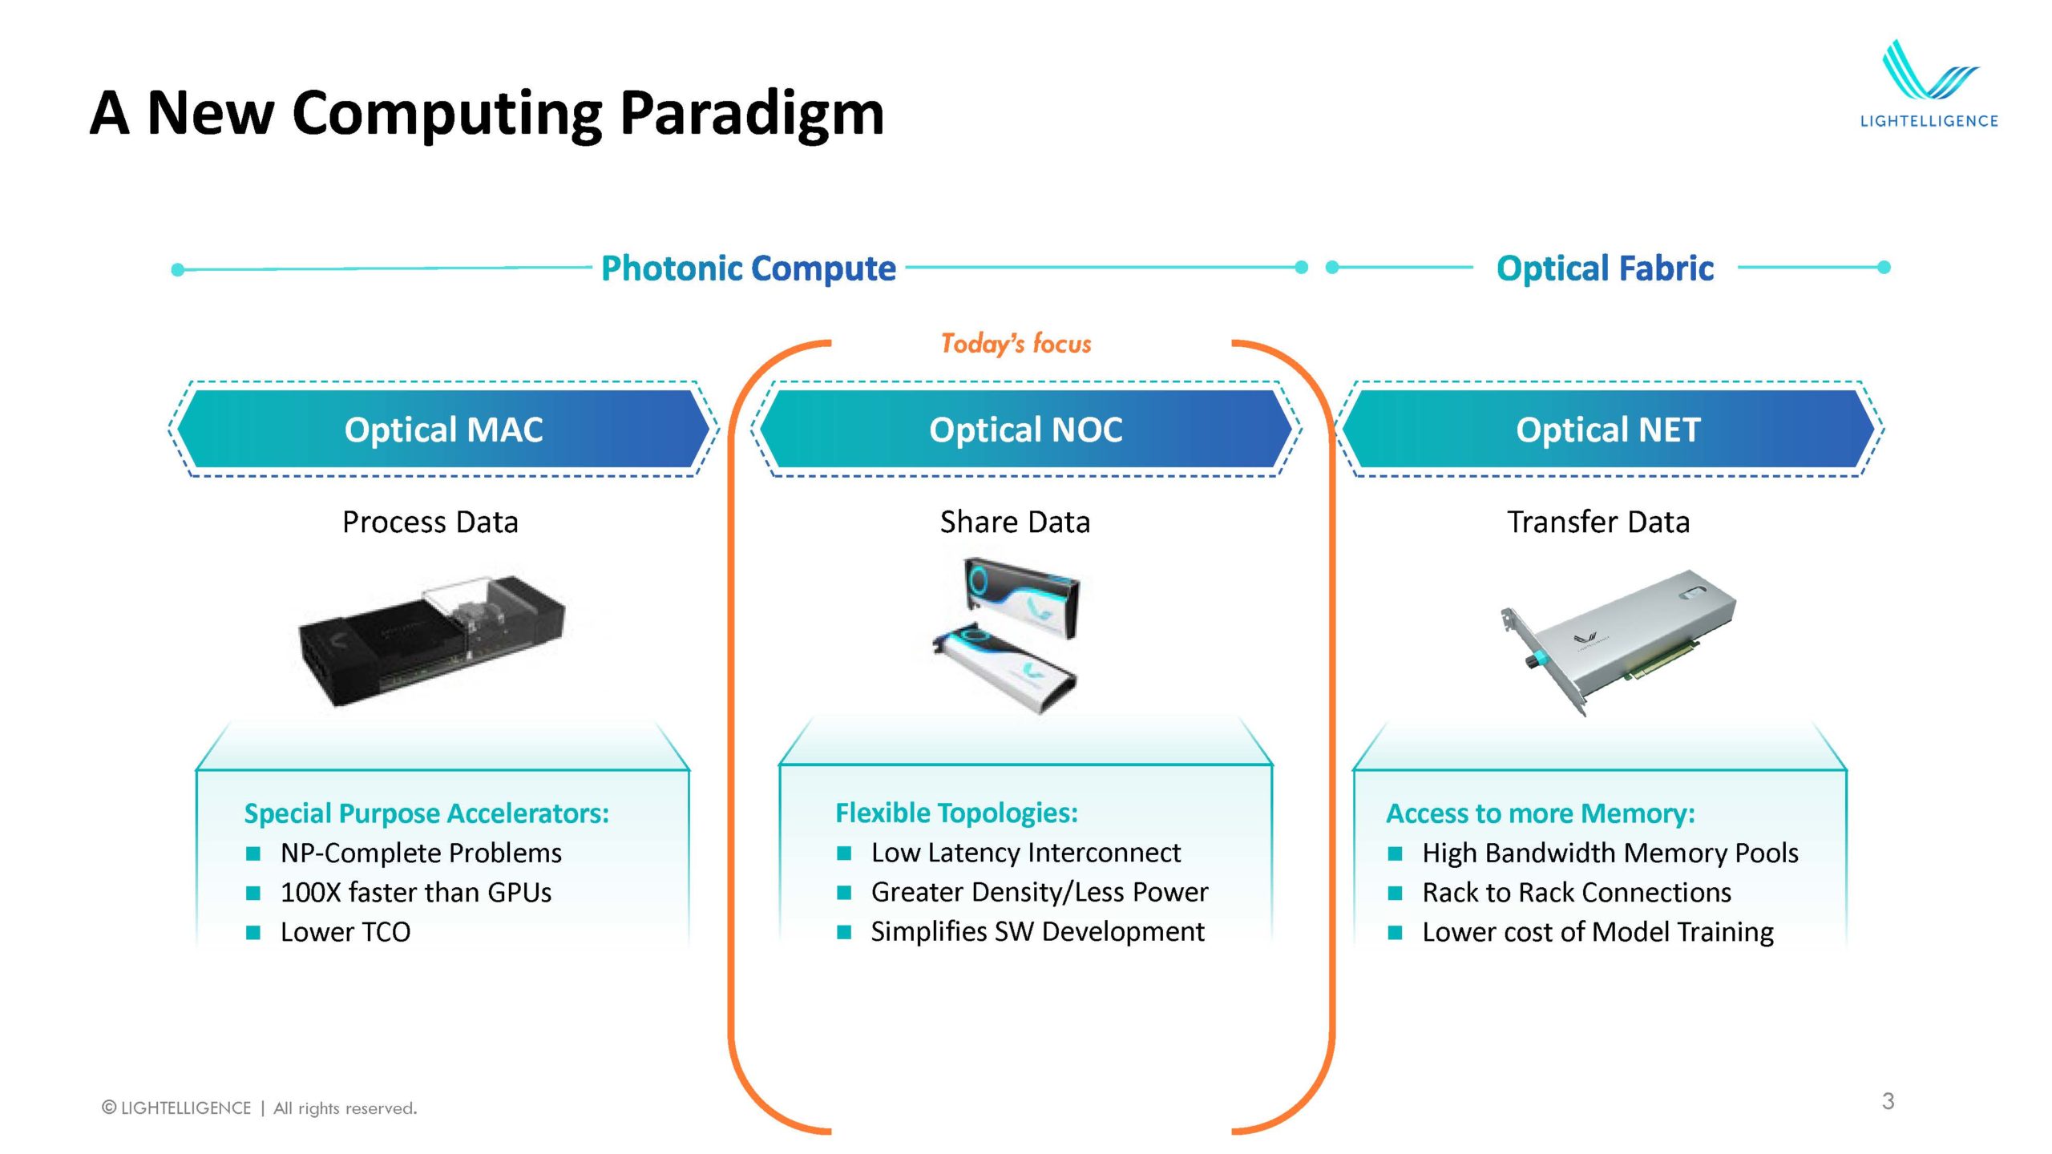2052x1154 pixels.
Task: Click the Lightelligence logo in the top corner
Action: pyautogui.click(x=1929, y=84)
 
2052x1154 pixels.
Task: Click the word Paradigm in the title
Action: pyautogui.click(x=751, y=114)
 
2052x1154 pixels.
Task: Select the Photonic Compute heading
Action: pyautogui.click(x=748, y=268)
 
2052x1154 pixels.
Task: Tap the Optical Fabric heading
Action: pyautogui.click(x=1605, y=268)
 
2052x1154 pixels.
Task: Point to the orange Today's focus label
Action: pyautogui.click(x=1016, y=344)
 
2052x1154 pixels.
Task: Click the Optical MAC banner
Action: pyautogui.click(x=443, y=430)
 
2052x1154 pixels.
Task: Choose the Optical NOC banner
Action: pyautogui.click(x=1025, y=430)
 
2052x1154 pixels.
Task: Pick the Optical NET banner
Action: pyautogui.click(x=1608, y=430)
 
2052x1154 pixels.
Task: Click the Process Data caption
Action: pyautogui.click(x=430, y=523)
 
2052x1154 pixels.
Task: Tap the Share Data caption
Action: pyautogui.click(x=1015, y=523)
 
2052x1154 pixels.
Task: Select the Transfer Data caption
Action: pyautogui.click(x=1598, y=523)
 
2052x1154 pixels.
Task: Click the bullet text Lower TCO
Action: pyautogui.click(x=345, y=932)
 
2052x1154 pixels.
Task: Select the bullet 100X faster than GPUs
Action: pyautogui.click(x=416, y=893)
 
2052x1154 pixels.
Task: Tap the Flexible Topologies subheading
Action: pyautogui.click(x=956, y=813)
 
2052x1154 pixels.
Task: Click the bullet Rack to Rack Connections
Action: pyautogui.click(x=1577, y=893)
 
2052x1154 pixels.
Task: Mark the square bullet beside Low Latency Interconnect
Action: pyautogui.click(x=844, y=853)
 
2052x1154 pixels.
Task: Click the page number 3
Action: pyautogui.click(x=1888, y=1101)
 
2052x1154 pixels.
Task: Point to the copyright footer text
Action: pyautogui.click(x=259, y=1108)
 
